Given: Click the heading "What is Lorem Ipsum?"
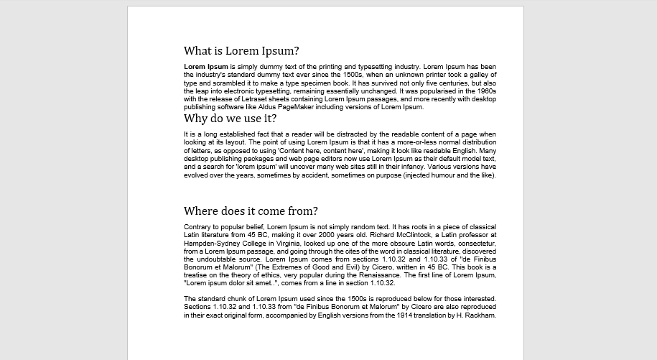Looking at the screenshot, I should pos(241,51).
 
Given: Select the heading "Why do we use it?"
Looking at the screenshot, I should pos(230,119).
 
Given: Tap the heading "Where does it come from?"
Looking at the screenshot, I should pos(251,211).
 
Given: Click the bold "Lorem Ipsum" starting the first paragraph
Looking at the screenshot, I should pos(206,66).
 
